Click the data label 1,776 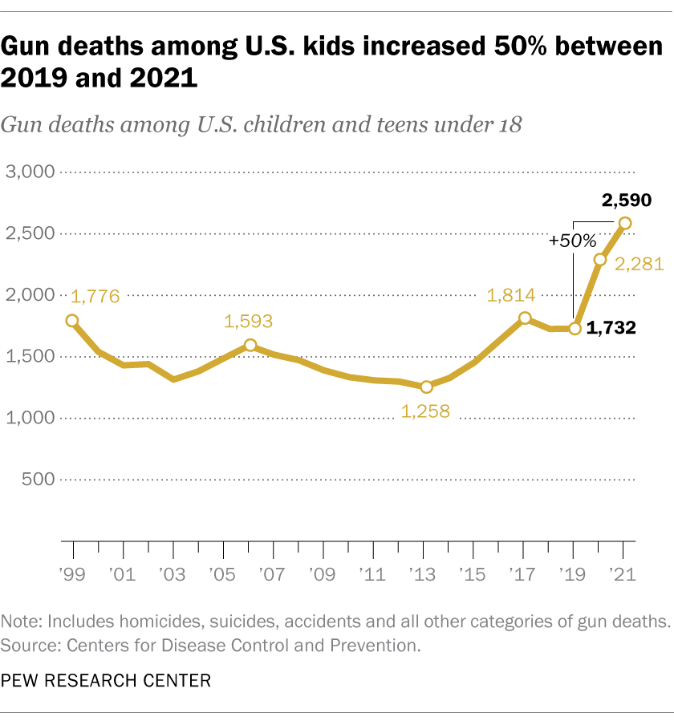click(95, 297)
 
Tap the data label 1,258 click(425, 411)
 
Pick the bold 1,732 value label click(611, 328)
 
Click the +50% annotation click(573, 240)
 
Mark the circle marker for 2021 click(624, 223)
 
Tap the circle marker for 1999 click(73, 321)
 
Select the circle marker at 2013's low click(426, 387)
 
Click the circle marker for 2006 click(250, 346)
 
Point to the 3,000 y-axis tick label click(29, 172)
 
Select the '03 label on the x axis click(172, 575)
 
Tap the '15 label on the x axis click(473, 575)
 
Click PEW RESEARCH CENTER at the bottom click(106, 681)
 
